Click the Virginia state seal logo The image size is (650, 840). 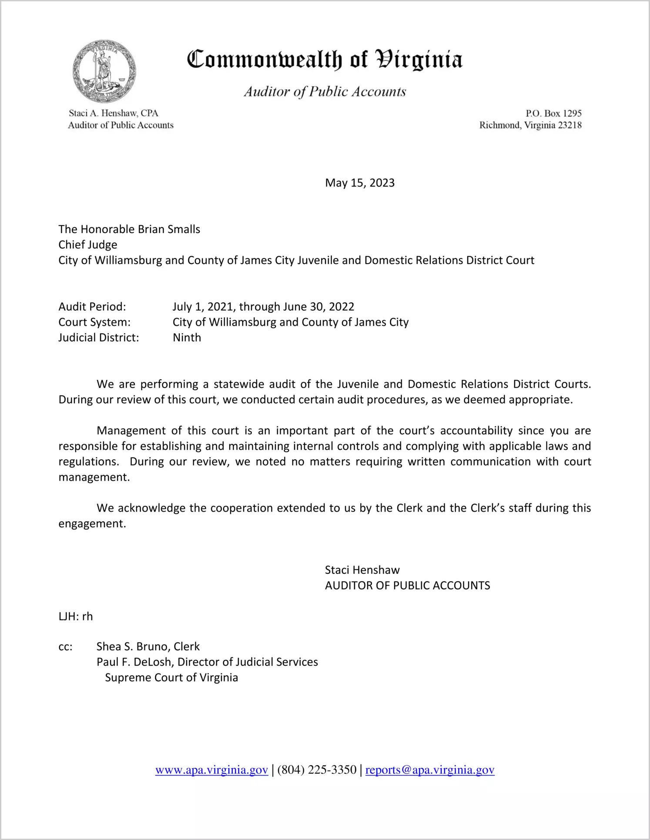(x=104, y=72)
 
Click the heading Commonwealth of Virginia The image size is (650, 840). (x=325, y=60)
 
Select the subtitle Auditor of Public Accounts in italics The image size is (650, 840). (x=325, y=91)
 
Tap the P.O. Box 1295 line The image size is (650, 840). (x=553, y=114)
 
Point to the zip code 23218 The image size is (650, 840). (x=570, y=125)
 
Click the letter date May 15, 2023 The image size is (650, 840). (x=360, y=183)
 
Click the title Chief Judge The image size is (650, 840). (x=88, y=244)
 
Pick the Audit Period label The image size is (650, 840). (x=92, y=307)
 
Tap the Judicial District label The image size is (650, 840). (x=99, y=338)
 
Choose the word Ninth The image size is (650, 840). (x=187, y=338)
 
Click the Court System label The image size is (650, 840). (x=94, y=322)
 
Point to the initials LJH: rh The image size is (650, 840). (x=76, y=616)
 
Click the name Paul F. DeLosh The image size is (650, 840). (x=134, y=662)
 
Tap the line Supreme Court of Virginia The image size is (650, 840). (x=171, y=678)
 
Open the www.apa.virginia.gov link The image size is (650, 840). (x=211, y=770)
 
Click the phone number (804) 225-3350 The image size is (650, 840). (x=317, y=770)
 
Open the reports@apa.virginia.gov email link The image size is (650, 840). (x=430, y=770)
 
